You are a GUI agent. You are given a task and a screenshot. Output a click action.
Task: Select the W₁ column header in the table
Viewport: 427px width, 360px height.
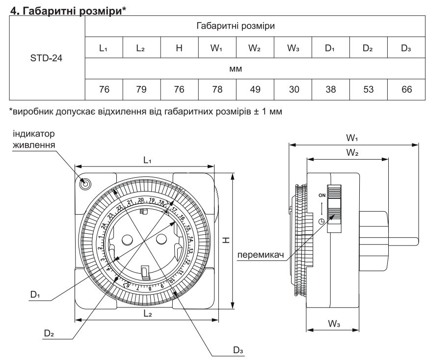(x=217, y=48)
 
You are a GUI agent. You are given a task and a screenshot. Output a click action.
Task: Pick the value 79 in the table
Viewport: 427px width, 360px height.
(x=142, y=89)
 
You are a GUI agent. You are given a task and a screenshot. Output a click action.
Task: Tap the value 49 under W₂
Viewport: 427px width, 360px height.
(x=255, y=89)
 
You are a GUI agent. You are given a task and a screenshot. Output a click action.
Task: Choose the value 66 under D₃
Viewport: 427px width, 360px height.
(x=405, y=89)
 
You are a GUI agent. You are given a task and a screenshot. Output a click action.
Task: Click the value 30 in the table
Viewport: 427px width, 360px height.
(x=293, y=89)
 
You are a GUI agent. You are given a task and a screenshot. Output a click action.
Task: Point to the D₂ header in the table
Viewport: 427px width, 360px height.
(x=368, y=48)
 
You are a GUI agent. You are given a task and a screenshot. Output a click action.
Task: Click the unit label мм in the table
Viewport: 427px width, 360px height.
(x=255, y=69)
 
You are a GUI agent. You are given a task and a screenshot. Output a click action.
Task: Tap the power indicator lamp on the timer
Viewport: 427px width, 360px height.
(x=85, y=184)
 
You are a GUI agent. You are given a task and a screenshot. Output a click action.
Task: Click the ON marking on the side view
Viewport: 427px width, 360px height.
(x=322, y=195)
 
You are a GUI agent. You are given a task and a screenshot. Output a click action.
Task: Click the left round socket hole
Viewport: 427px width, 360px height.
(x=126, y=240)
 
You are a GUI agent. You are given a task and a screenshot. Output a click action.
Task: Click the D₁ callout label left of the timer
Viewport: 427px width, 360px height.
(x=34, y=295)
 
